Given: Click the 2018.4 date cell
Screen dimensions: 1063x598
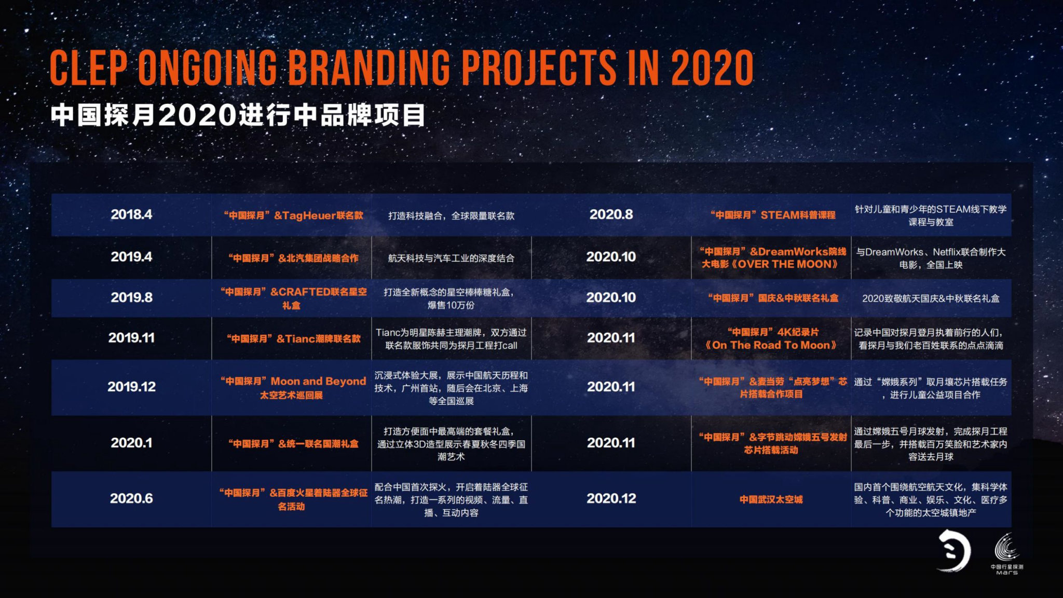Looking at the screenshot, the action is (131, 214).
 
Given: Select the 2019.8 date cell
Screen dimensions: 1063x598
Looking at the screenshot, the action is (131, 297).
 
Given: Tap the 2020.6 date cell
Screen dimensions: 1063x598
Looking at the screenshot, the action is (131, 498).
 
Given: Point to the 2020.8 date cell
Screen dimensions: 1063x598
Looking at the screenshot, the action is (611, 214).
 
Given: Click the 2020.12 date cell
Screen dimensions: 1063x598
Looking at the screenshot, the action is (611, 498).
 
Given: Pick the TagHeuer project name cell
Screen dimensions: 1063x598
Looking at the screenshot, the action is (293, 215).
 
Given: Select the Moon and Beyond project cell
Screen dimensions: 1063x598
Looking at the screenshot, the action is (293, 388).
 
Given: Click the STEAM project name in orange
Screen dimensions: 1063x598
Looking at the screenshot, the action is (773, 215).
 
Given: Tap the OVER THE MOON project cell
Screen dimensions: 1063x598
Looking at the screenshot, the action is (773, 257).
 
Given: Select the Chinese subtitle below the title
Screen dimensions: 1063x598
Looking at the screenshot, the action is (238, 115).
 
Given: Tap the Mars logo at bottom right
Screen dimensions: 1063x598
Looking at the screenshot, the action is (1007, 554).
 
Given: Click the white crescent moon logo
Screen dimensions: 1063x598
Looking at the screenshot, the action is (954, 551).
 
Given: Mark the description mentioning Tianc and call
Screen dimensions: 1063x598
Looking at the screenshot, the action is (451, 339).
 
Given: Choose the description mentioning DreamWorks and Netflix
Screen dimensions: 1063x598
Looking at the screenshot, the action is (931, 258).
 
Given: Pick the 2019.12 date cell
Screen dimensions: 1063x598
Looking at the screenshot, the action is (131, 387).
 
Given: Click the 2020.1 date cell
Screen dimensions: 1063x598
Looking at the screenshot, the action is (131, 443).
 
